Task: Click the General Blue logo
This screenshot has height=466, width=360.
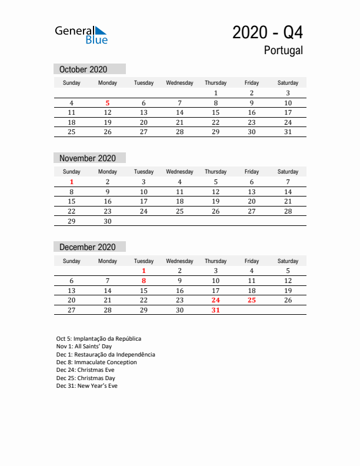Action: [x=81, y=35]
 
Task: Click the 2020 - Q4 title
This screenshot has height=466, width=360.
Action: [x=268, y=32]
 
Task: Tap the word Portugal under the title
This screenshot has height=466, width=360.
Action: [x=283, y=51]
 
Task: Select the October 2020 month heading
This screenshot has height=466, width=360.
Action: [x=84, y=69]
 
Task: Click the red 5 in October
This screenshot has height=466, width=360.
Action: [x=108, y=103]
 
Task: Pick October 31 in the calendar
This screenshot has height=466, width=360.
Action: [x=288, y=132]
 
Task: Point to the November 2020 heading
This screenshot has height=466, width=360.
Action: [x=88, y=158]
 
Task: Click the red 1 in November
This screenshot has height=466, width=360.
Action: [x=72, y=182]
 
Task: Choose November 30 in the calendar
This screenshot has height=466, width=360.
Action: [x=108, y=221]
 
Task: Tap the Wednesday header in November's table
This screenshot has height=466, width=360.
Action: [x=179, y=172]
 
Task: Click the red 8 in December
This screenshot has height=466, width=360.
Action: [x=144, y=281]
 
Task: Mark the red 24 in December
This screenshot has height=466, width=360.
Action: [x=215, y=300]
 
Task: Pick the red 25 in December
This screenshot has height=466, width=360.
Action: [x=252, y=300]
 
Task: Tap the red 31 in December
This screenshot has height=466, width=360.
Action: [x=215, y=310]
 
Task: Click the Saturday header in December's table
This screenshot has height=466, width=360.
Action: [x=288, y=261]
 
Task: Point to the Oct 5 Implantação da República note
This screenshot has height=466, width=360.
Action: [x=99, y=339]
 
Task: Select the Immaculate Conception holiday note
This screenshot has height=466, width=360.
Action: [x=96, y=362]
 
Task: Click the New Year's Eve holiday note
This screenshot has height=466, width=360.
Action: [x=87, y=386]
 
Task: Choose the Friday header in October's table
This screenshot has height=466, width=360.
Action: [x=252, y=83]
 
